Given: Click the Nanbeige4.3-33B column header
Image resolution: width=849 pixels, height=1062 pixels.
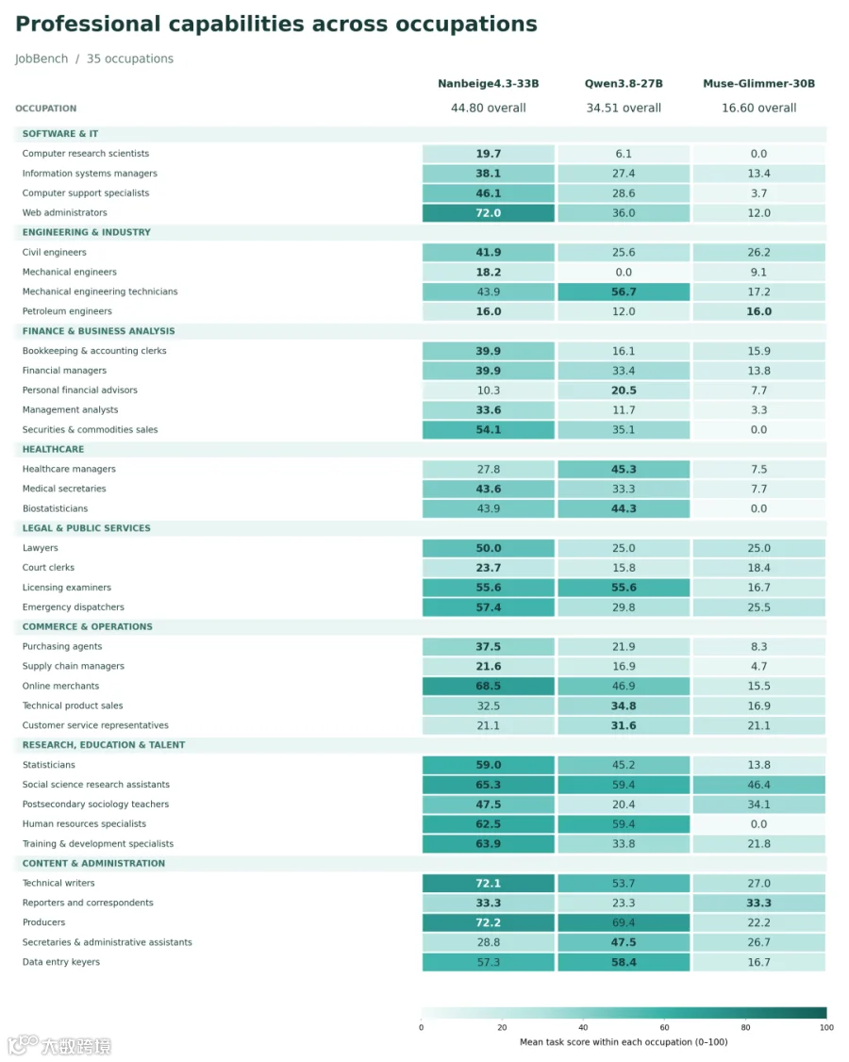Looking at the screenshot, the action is (x=488, y=83).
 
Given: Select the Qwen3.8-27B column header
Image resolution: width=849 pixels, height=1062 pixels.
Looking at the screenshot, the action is (x=624, y=83).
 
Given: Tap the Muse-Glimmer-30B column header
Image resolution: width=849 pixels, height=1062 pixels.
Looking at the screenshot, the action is (x=758, y=83).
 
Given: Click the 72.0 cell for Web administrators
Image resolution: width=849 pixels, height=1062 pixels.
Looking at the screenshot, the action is (x=489, y=212).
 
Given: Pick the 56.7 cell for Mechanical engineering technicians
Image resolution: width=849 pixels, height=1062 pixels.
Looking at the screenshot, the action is (x=624, y=292).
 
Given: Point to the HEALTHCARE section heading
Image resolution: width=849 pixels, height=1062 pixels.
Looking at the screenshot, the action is (x=54, y=449).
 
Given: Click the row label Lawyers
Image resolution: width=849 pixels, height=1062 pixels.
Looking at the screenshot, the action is (x=40, y=548).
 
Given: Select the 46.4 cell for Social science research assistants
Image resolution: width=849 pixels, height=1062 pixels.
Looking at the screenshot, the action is (x=758, y=785).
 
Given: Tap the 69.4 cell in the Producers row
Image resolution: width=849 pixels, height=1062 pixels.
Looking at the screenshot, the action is (x=624, y=922).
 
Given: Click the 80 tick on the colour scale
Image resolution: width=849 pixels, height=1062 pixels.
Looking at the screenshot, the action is (x=745, y=1027).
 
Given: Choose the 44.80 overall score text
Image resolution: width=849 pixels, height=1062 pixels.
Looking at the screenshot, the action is (x=489, y=108).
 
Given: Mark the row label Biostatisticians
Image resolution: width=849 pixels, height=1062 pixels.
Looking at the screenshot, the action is (x=55, y=508).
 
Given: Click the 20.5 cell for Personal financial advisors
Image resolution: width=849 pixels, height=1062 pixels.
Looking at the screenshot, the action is (x=624, y=390).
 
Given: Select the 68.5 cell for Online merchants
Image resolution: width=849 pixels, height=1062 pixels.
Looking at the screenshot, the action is (x=489, y=686).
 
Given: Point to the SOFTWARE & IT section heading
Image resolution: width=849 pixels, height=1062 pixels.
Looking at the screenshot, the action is (x=60, y=134).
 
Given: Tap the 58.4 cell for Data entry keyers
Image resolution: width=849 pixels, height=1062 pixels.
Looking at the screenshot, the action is (x=624, y=962).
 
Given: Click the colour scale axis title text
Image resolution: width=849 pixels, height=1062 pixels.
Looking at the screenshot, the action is (x=624, y=1042).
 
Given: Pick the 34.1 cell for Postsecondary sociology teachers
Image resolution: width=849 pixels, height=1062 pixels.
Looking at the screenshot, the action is (x=758, y=804).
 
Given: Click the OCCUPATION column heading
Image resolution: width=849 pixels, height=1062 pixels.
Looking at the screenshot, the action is (x=46, y=108).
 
